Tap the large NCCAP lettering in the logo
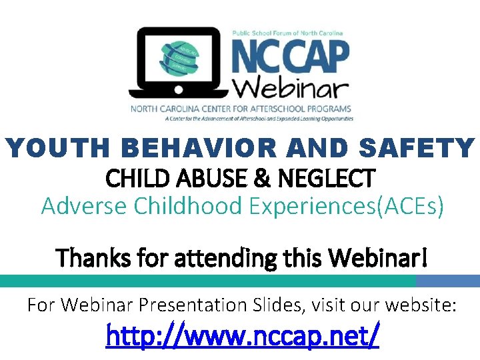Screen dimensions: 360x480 [x=289, y=57]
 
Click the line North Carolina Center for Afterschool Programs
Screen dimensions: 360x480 [x=240, y=109]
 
